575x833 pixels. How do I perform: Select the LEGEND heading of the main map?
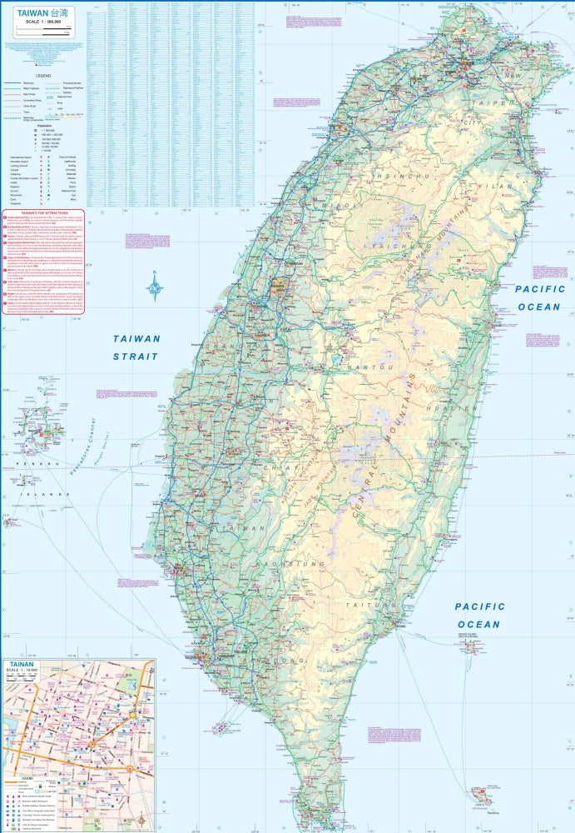point(42,74)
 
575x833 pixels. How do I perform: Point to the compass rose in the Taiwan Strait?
point(156,288)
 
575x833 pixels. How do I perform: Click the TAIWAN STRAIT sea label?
point(137,347)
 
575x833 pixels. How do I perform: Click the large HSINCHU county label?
point(399,177)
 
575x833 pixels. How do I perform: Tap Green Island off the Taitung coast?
point(471,645)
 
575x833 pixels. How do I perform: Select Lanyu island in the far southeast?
point(481,797)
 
